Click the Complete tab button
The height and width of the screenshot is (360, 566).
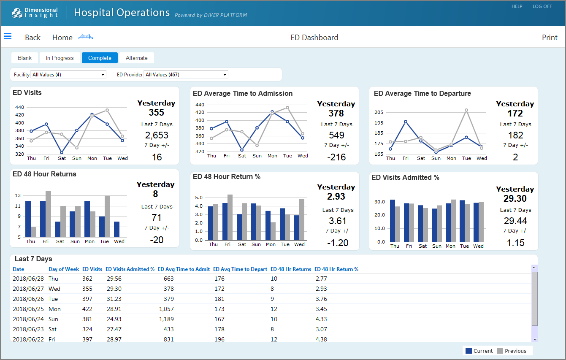click(x=100, y=58)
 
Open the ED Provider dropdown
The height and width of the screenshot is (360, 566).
click(x=186, y=75)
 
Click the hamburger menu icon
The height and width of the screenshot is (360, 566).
click(x=8, y=36)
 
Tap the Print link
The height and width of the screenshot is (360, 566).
click(x=550, y=38)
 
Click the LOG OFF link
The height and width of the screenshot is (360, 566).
click(x=542, y=6)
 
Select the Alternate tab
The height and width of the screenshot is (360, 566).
click(x=136, y=58)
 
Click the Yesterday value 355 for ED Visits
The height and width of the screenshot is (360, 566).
click(x=156, y=112)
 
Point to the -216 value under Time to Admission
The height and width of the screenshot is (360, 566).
click(x=336, y=157)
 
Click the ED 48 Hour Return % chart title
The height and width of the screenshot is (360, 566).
click(x=227, y=177)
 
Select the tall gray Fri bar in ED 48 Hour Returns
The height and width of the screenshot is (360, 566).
click(x=48, y=214)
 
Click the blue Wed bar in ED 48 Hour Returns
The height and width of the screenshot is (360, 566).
click(x=116, y=229)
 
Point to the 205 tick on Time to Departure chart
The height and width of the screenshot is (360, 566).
click(x=379, y=112)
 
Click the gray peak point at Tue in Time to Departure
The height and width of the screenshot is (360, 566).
click(x=466, y=110)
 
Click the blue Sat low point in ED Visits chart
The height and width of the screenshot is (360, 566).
click(x=62, y=152)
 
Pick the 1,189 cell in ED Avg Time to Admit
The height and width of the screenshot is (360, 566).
click(x=166, y=319)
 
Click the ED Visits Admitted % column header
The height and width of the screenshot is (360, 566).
click(x=130, y=269)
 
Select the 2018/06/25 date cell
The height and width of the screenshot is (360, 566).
click(x=28, y=309)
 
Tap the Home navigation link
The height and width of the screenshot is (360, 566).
click(x=62, y=38)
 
